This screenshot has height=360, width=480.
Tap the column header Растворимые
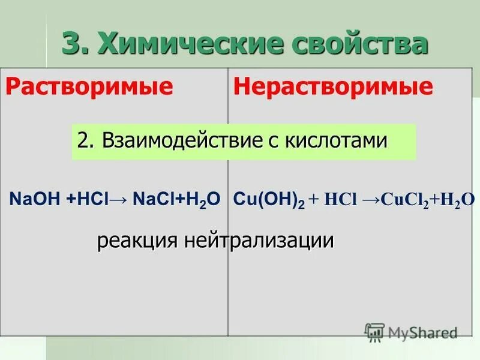coord(90,87)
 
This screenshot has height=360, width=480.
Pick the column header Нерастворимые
coord(333,87)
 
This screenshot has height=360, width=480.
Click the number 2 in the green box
coord(83,141)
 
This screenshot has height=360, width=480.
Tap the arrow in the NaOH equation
coord(119,199)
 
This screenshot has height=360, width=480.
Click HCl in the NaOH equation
coord(94,199)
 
